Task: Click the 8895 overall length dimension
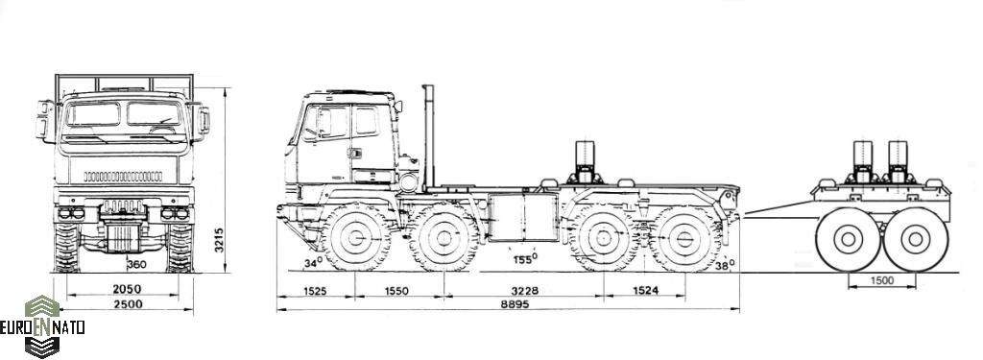[x=515, y=304]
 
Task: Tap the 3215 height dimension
[x=219, y=240]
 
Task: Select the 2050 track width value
[x=127, y=289]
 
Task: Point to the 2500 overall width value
[x=128, y=304]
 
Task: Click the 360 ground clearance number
[x=136, y=265]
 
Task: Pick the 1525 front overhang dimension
[x=315, y=291]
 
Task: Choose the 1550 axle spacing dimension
[x=396, y=291]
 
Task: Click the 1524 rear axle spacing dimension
[x=645, y=291]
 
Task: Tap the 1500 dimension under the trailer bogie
[x=881, y=281]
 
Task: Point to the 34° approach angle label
[x=313, y=263]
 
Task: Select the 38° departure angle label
[x=725, y=265]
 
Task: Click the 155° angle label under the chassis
[x=525, y=258]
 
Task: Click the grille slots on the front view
[x=123, y=177]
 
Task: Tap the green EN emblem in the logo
[x=42, y=326]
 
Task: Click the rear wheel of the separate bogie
[x=915, y=239]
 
